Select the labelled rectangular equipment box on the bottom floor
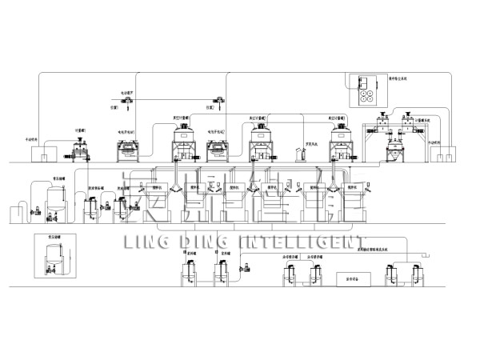[x=350, y=280]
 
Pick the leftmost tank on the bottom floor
[x=189, y=274]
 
